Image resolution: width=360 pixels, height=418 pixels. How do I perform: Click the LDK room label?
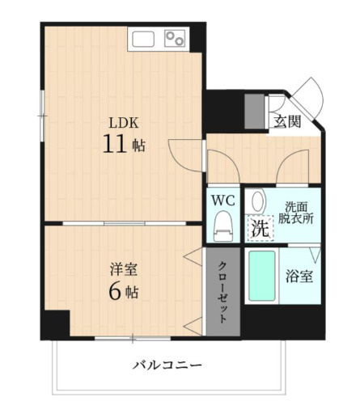125,123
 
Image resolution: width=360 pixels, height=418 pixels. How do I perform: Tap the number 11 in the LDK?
112,146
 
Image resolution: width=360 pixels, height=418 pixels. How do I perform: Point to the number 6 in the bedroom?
116,291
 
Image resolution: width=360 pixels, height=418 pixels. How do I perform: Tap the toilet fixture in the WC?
222,227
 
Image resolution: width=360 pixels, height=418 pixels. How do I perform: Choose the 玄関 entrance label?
286,122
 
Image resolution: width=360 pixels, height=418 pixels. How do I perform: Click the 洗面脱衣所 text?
296,211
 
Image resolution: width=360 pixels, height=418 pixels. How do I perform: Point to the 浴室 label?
299,276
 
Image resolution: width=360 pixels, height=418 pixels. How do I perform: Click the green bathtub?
261,277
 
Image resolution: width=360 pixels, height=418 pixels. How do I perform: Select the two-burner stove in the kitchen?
174,38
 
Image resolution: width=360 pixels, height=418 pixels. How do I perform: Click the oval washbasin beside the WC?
256,201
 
